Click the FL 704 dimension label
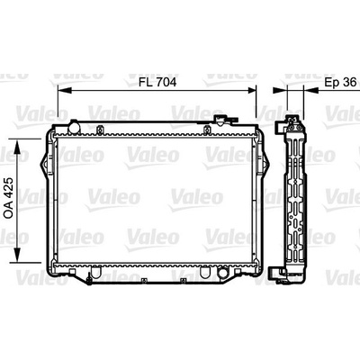coord(157,82)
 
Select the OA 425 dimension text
coord(9,198)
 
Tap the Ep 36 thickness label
coord(340,82)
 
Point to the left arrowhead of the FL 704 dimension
coord(64,90)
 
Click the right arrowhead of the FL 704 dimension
coord(252,90)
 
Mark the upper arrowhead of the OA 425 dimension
coord(17,146)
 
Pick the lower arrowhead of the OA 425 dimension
coord(17,256)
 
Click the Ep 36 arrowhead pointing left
coord(310,90)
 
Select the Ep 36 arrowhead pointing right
coord(280,90)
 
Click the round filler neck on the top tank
coord(74,127)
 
